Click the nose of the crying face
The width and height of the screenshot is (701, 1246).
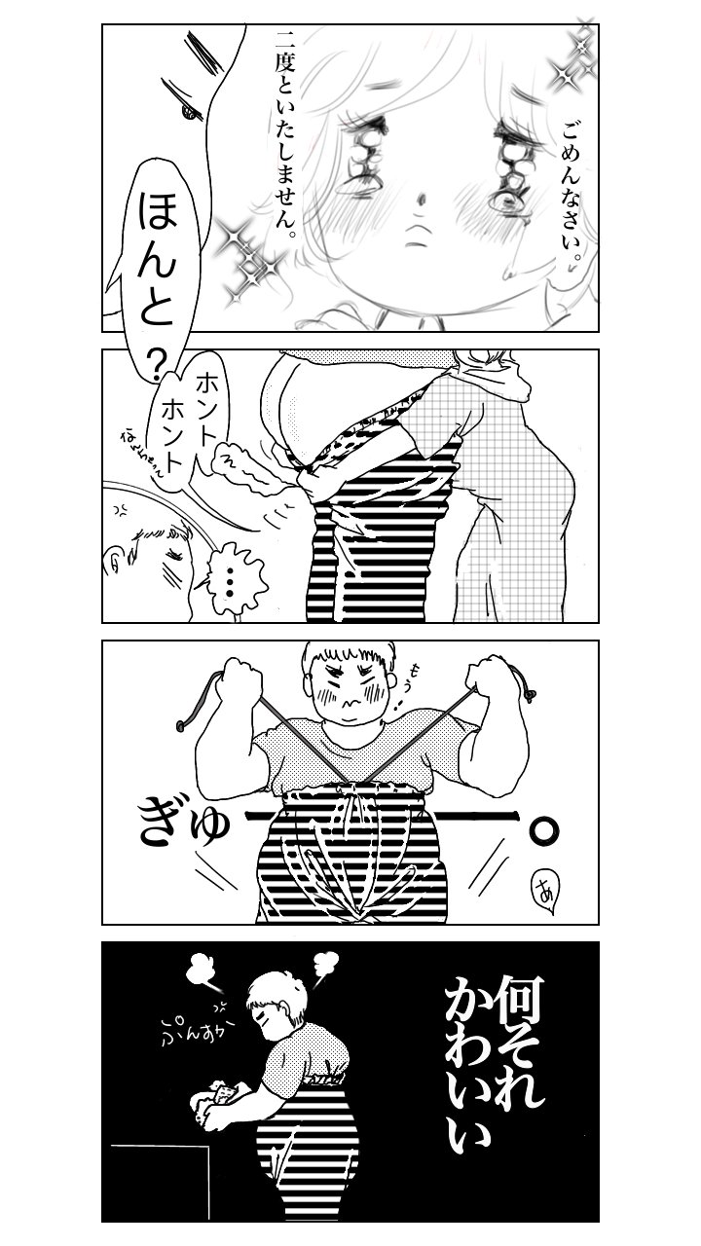(421, 200)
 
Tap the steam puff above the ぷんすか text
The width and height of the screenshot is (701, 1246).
(201, 969)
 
